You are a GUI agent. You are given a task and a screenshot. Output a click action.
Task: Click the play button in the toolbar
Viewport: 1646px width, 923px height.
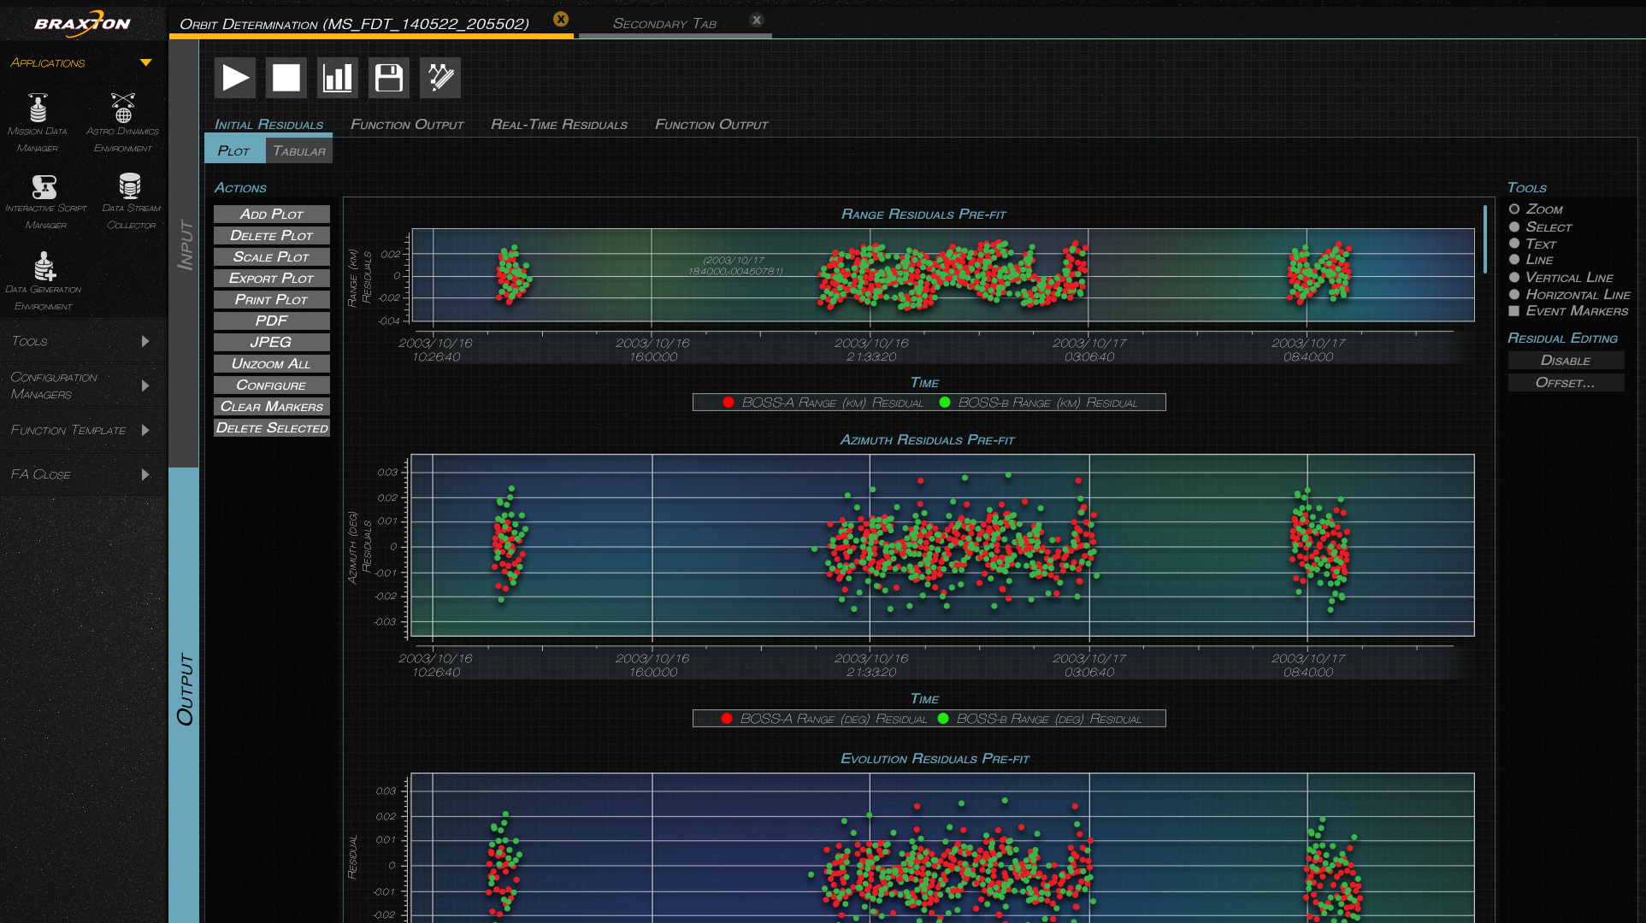pos(235,78)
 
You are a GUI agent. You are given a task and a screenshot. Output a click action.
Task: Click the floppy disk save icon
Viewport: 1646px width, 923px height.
pos(389,78)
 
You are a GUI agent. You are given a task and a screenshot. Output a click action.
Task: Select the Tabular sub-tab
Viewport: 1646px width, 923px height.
pos(298,151)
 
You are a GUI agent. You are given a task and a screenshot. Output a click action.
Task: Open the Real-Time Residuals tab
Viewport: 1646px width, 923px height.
pos(558,125)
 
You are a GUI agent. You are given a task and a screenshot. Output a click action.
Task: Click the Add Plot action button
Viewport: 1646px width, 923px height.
pos(271,215)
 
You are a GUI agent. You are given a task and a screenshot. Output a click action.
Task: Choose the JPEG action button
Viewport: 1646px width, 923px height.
pos(271,342)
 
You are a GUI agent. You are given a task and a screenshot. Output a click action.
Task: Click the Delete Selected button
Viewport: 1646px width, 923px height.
pos(271,428)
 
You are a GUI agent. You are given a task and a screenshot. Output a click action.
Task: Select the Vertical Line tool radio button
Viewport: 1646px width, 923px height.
pos(1514,278)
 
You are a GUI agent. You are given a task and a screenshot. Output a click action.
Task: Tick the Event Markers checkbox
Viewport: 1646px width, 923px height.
pos(1514,311)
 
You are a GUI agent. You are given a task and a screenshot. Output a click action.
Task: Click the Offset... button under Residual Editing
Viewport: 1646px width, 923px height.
pos(1565,383)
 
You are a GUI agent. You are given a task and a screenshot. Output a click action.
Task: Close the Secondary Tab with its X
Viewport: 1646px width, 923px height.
pos(757,21)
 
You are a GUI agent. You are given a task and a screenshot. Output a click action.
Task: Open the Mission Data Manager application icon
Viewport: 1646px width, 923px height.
pos(38,109)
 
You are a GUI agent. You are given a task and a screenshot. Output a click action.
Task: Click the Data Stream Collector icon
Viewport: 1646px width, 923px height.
pos(130,186)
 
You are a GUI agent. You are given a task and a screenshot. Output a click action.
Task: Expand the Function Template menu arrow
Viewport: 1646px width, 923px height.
pos(145,430)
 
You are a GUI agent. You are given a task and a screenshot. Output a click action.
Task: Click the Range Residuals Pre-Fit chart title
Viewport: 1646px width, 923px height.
pos(923,215)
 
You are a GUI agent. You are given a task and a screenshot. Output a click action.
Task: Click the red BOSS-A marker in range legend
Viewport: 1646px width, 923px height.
pos(729,403)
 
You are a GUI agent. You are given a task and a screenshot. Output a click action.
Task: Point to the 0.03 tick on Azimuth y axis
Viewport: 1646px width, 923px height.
pos(387,473)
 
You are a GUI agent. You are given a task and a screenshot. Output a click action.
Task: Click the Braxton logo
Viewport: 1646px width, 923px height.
pos(82,23)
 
